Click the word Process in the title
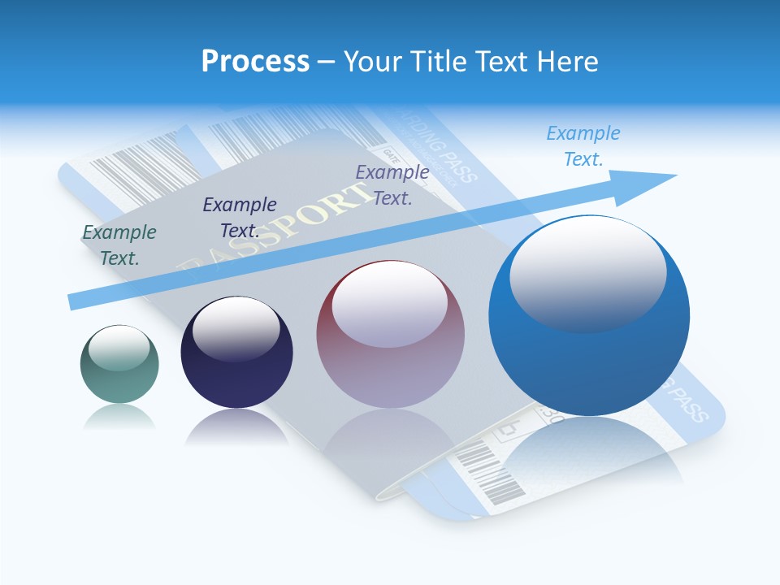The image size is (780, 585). pyautogui.click(x=255, y=61)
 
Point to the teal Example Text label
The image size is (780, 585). pyautogui.click(x=119, y=245)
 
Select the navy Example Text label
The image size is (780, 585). pyautogui.click(x=240, y=217)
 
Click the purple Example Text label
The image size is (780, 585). pyautogui.click(x=392, y=184)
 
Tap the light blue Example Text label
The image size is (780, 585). pyautogui.click(x=583, y=145)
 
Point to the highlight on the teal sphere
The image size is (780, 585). pyautogui.click(x=119, y=348)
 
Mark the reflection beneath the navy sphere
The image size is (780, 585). pyautogui.click(x=236, y=427)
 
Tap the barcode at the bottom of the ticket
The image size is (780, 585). pyautogui.click(x=489, y=477)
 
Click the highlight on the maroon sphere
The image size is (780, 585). pyautogui.click(x=390, y=305)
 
